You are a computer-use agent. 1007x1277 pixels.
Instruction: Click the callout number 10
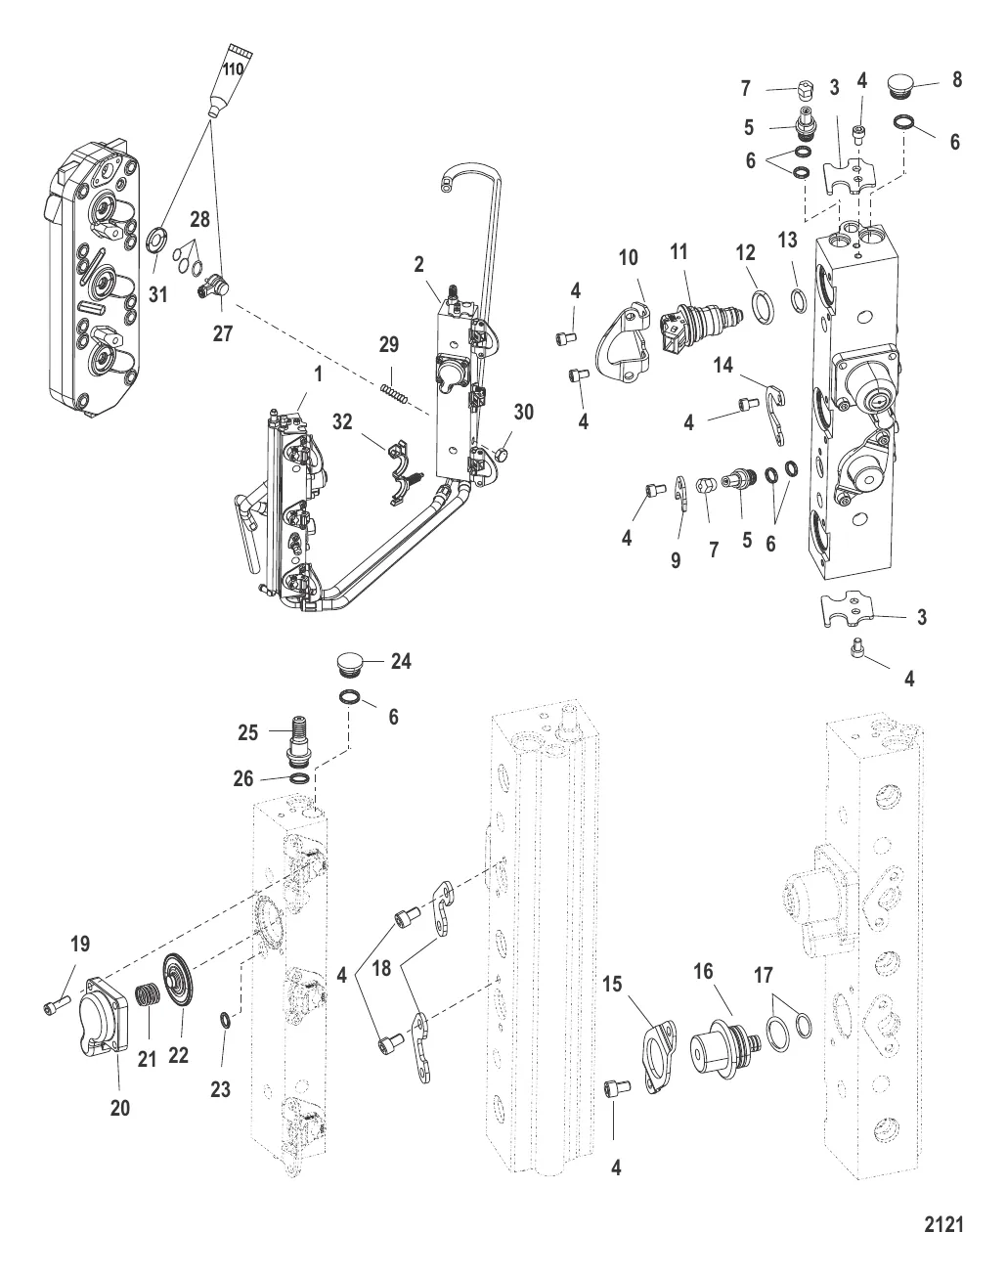628,257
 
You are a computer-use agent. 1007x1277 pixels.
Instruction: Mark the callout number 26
243,778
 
